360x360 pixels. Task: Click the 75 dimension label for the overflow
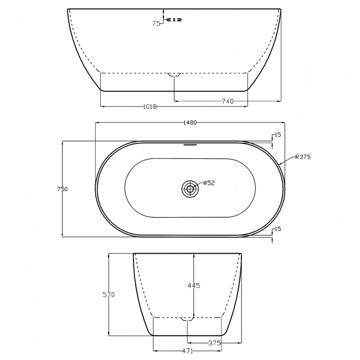[x=156, y=23]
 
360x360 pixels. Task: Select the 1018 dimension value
[x=142, y=107]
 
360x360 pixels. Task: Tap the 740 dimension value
[x=227, y=101]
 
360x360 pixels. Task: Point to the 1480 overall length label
[x=190, y=123]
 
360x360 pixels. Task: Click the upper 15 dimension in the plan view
[x=277, y=135]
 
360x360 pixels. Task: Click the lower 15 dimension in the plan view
[x=277, y=229]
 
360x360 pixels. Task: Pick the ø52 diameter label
[x=209, y=183]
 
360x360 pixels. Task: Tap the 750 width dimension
[x=63, y=189]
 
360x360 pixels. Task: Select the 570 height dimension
[x=109, y=295]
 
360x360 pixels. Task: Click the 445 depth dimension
[x=193, y=286]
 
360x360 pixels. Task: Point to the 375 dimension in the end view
[x=214, y=343]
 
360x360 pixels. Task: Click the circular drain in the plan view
[x=190, y=189]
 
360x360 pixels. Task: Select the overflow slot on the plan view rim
[x=190, y=145]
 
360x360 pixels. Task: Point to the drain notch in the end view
[x=188, y=318]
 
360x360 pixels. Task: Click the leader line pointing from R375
[x=287, y=161]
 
